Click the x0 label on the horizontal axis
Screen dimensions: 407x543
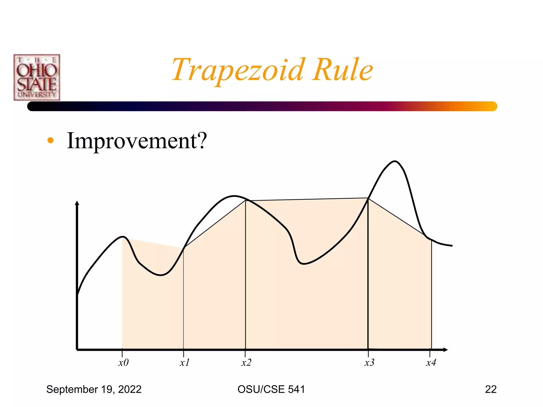pos(124,362)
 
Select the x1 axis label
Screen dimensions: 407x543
pos(185,362)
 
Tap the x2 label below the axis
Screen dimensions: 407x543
pos(246,362)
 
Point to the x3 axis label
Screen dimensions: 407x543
pos(369,362)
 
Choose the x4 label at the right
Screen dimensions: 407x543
pos(431,362)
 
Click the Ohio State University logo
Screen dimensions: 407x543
pos(37,77)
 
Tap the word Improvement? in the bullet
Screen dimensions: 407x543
pos(137,141)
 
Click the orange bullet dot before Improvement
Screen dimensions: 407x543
pos(50,140)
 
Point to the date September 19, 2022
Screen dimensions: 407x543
pos(94,389)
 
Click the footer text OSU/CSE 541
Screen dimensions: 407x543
pos(271,389)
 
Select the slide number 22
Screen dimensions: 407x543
pos(491,389)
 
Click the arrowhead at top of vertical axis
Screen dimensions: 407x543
pos(77,203)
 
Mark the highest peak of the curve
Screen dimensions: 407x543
pos(395,161)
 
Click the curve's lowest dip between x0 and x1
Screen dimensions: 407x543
pos(161,275)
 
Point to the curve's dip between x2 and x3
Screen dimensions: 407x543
pos(303,264)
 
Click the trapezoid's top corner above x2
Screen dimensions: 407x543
pos(246,201)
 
